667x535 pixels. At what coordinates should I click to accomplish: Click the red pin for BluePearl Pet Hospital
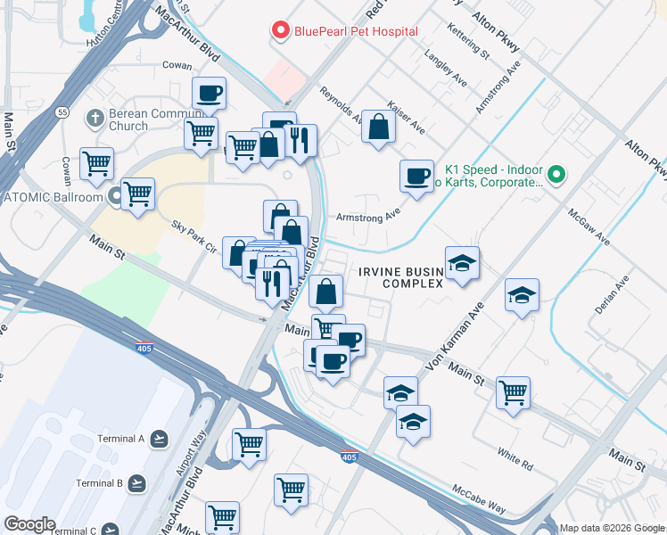(x=281, y=31)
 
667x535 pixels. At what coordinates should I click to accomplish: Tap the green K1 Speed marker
(x=556, y=173)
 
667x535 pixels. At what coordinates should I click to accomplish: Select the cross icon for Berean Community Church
(x=95, y=118)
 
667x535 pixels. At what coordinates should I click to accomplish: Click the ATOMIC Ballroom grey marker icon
(x=116, y=196)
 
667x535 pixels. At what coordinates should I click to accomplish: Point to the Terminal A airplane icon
(x=159, y=438)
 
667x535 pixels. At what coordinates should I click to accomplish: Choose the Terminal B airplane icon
(x=136, y=483)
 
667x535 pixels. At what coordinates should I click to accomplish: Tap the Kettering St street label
(x=470, y=42)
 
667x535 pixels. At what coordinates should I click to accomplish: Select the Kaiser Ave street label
(x=406, y=117)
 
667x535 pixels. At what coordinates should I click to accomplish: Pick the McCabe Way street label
(x=480, y=500)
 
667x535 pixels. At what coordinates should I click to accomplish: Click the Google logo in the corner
(x=29, y=524)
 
